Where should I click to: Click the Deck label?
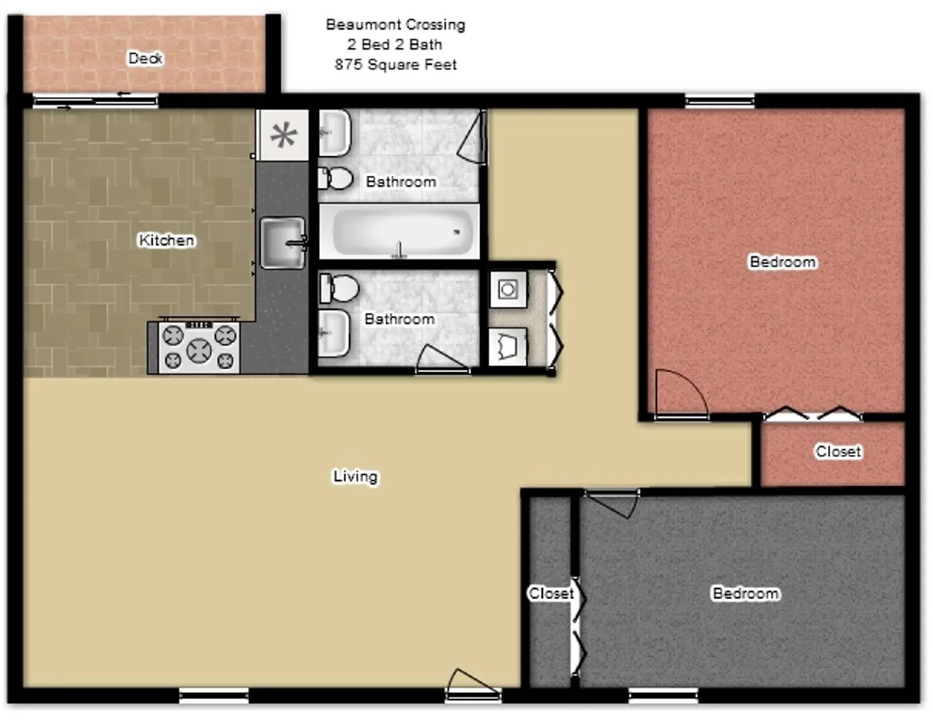145,58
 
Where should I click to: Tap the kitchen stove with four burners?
199,348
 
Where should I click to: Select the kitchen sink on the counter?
283,243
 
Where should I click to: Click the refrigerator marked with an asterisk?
284,135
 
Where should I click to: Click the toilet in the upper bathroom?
336,178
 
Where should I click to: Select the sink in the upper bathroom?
334,134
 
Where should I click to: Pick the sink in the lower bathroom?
334,333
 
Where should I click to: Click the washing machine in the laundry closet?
508,289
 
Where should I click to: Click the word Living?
355,476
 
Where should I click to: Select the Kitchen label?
166,240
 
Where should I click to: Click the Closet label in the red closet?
838,451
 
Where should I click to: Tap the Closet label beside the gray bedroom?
550,594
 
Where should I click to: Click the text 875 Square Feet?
395,65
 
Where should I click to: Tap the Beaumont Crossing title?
395,24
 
